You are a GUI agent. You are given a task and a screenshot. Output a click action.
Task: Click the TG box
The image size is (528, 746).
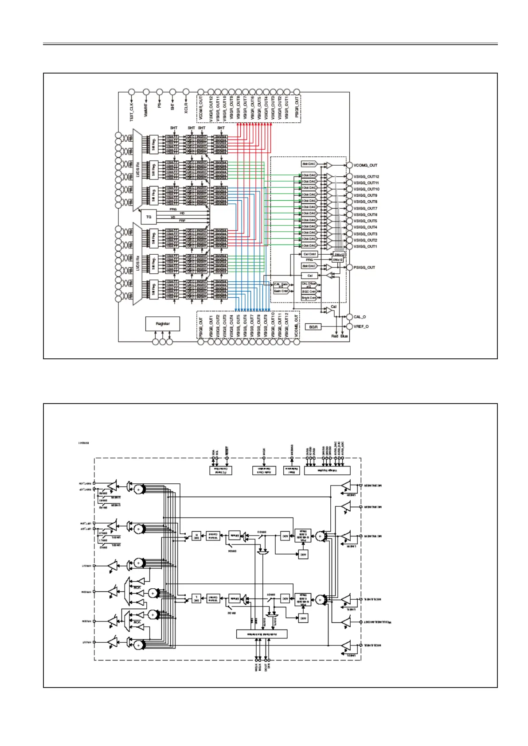point(149,217)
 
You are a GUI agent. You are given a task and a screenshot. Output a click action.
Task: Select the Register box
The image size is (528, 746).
point(163,324)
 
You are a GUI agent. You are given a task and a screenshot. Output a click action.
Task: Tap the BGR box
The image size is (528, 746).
point(313,327)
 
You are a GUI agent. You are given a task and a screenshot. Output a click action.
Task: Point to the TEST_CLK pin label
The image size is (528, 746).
point(132,111)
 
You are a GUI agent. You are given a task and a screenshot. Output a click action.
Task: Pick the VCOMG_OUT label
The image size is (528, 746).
point(365,165)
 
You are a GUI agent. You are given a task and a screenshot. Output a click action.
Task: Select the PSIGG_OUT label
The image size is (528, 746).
point(364,268)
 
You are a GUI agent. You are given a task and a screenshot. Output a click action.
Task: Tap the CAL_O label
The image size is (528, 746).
point(360,317)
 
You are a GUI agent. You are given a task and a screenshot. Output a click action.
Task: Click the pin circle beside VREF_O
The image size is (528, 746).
point(349,326)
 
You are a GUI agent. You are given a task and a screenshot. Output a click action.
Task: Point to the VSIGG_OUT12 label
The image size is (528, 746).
point(366,177)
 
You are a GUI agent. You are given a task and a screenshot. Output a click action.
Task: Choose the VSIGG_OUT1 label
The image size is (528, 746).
point(365,247)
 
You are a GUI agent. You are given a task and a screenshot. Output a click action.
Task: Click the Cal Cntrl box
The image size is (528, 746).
point(309,254)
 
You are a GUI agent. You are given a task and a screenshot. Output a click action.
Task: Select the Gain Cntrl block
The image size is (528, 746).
point(281,291)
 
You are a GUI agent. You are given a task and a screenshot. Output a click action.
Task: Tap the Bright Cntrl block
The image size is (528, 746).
point(309,298)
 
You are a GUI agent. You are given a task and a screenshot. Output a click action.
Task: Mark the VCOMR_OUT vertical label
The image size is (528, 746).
point(200,108)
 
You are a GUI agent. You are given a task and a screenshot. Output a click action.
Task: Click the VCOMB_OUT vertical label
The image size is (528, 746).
point(297,326)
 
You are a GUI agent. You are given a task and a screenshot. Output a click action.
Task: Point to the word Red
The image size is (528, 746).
point(335,337)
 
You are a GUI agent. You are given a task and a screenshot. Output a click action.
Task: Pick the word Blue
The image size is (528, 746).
point(344,337)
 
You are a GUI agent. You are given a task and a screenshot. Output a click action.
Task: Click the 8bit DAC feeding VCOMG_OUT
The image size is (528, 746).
point(309,164)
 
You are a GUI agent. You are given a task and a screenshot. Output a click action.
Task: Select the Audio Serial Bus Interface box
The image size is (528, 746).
point(262,634)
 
